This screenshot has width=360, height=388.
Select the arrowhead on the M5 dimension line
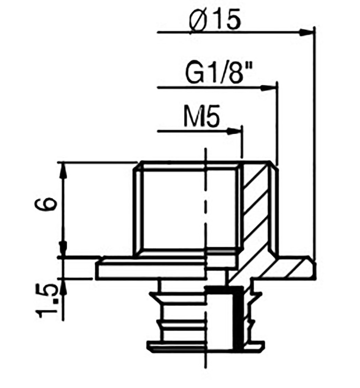pyautogui.click(x=234, y=131)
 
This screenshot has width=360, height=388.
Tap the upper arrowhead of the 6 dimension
pyautogui.click(x=64, y=171)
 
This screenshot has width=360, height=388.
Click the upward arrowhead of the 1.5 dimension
pyautogui.click(x=64, y=286)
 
